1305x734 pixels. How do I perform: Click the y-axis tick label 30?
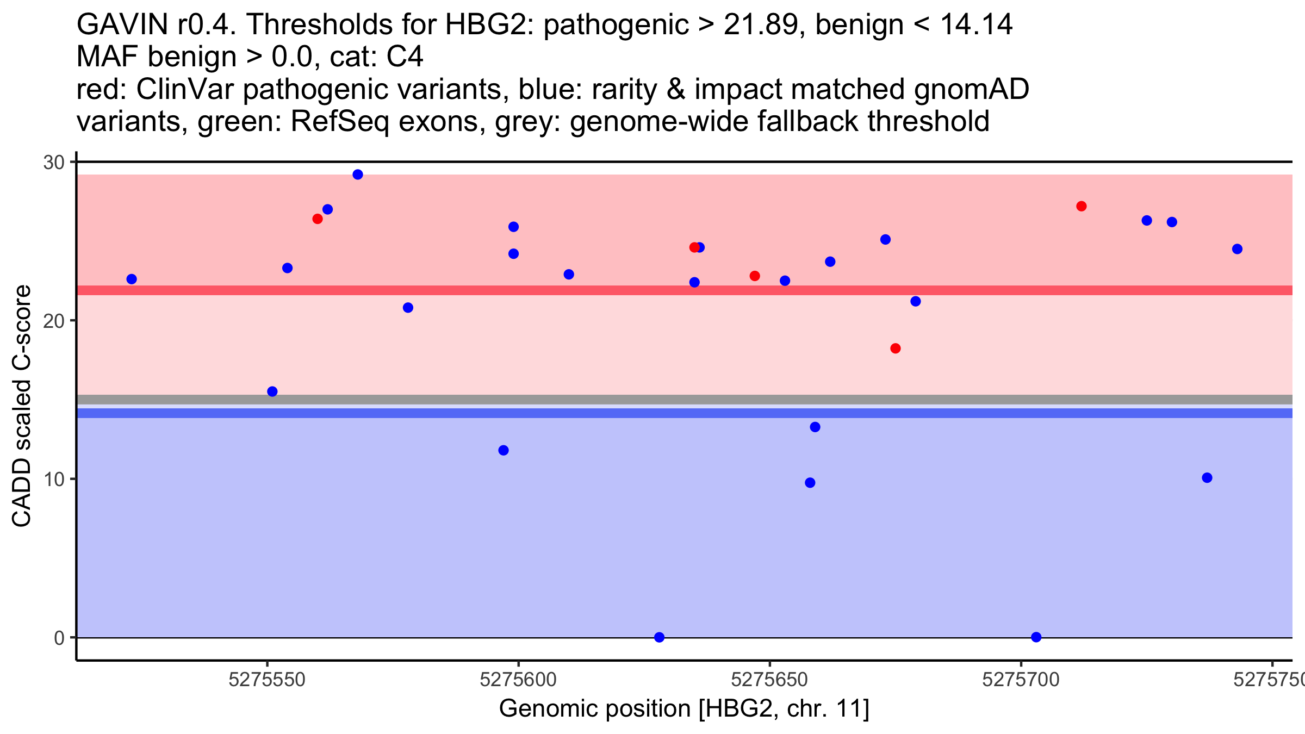click(x=53, y=163)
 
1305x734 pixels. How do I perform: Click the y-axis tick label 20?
click(x=53, y=321)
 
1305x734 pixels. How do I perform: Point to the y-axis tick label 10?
click(x=53, y=480)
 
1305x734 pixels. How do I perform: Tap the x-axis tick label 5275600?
click(x=518, y=680)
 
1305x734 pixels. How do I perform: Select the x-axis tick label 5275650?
click(x=769, y=680)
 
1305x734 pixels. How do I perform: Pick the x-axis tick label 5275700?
click(x=1021, y=680)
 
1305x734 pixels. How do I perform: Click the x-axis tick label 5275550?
click(x=267, y=680)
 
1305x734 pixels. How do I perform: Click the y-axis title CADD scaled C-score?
click(x=22, y=406)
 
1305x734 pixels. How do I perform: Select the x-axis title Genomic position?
click(x=684, y=709)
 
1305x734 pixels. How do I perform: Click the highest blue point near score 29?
click(x=358, y=175)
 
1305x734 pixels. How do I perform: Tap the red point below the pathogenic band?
click(x=896, y=349)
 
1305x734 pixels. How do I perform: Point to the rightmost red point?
click(x=1082, y=206)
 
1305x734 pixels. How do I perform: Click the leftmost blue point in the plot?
click(x=132, y=279)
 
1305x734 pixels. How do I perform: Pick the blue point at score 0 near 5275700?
click(x=1036, y=637)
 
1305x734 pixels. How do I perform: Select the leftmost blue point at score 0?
click(x=660, y=637)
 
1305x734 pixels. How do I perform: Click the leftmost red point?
click(x=318, y=219)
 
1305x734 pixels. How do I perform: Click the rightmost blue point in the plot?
click(x=1238, y=249)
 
